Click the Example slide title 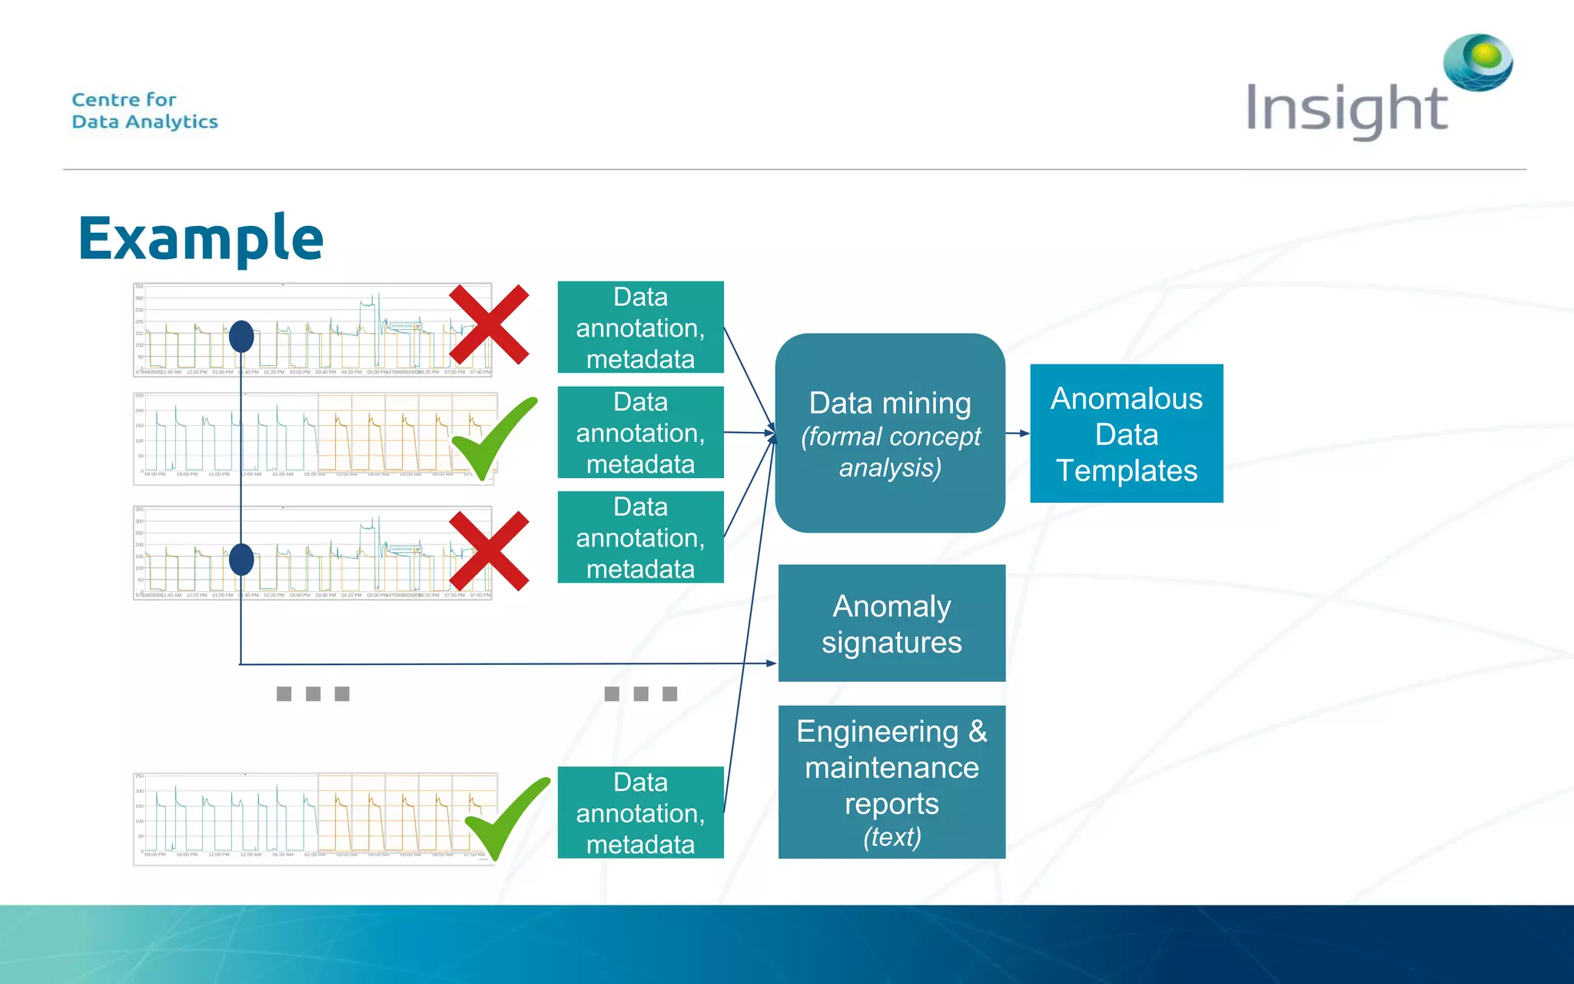click(x=201, y=238)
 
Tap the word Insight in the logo click(x=1346, y=109)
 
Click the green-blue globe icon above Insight click(x=1478, y=61)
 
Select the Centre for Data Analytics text click(x=144, y=111)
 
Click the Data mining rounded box click(x=890, y=433)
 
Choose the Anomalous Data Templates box click(x=1126, y=434)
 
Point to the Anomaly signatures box click(x=892, y=623)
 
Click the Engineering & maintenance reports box click(x=892, y=781)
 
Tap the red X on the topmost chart click(x=489, y=324)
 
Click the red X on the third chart click(x=489, y=550)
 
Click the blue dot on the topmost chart click(x=241, y=337)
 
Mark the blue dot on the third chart click(x=241, y=560)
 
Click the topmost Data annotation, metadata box click(x=640, y=327)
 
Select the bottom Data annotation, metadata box click(x=640, y=813)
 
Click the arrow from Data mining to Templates click(x=1018, y=434)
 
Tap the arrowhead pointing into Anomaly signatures click(x=771, y=663)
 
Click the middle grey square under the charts click(x=313, y=694)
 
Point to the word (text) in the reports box click(x=892, y=836)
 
